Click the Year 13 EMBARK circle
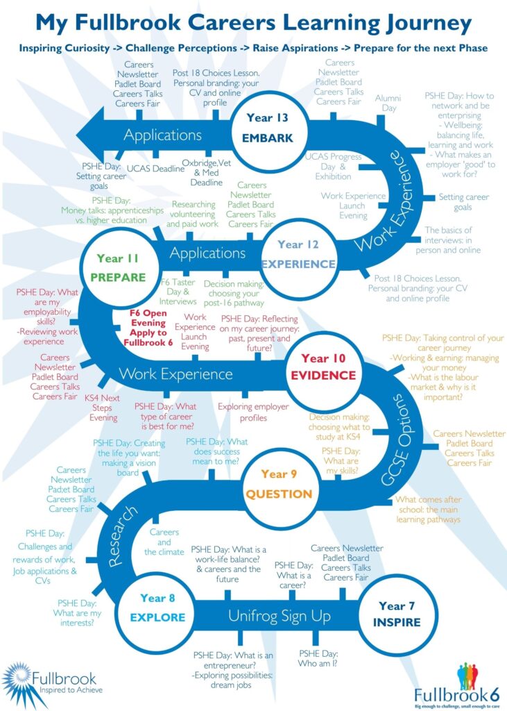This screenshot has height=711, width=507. click(267, 128)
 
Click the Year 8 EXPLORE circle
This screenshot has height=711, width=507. click(162, 608)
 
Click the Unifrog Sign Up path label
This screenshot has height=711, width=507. click(280, 615)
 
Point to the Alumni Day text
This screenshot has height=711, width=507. click(388, 103)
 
